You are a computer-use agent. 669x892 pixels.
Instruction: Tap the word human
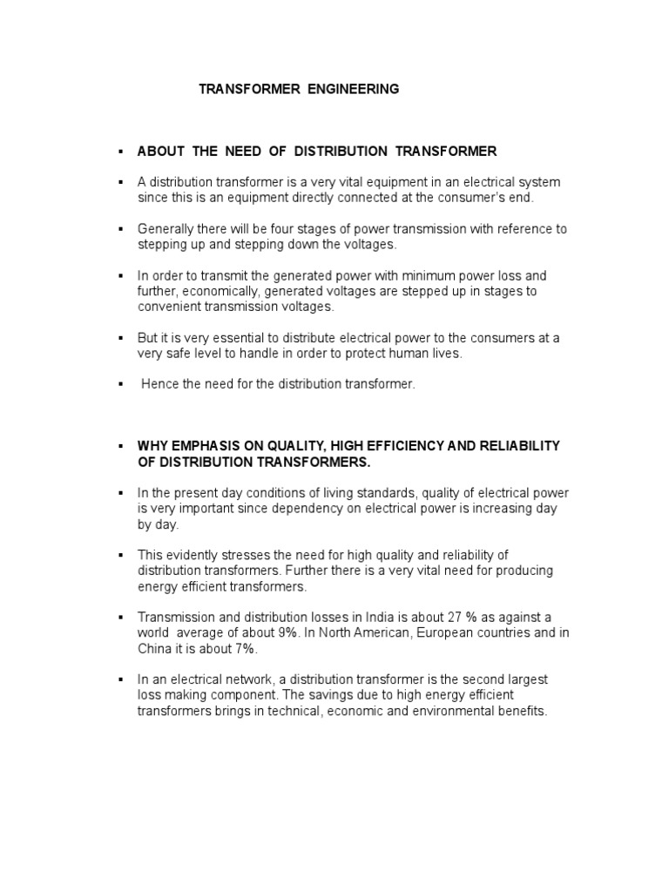click(372, 354)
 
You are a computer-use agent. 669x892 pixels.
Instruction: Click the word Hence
click(160, 384)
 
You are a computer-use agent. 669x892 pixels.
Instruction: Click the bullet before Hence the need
click(121, 384)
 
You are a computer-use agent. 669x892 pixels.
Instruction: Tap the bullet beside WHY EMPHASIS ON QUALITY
click(121, 446)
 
